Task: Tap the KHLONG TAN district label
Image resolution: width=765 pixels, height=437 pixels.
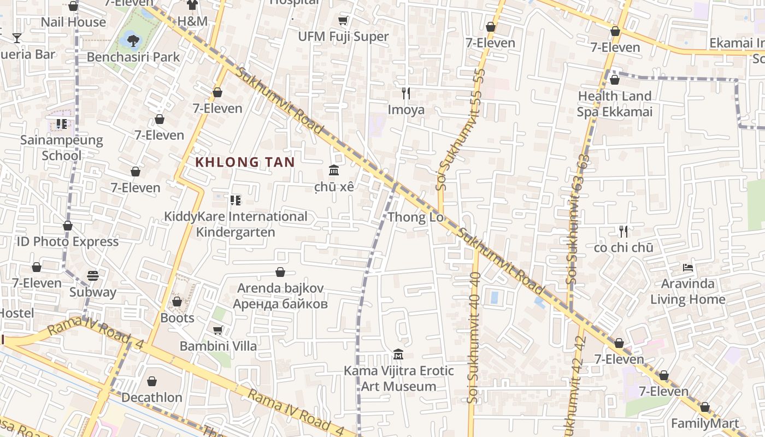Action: pyautogui.click(x=245, y=162)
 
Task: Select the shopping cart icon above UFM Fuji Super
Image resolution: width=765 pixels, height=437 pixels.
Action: pyautogui.click(x=343, y=21)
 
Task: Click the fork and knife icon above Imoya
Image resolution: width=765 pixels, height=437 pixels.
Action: pyautogui.click(x=406, y=93)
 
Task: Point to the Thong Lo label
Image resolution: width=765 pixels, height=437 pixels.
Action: pyautogui.click(x=415, y=217)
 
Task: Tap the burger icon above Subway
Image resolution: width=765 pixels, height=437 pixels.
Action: pyautogui.click(x=93, y=276)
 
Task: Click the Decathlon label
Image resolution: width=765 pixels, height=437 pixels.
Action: pyautogui.click(x=152, y=397)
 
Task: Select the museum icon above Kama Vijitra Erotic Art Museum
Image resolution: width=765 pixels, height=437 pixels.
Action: pyautogui.click(x=398, y=355)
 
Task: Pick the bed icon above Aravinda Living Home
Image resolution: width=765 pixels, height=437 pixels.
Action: pyautogui.click(x=688, y=268)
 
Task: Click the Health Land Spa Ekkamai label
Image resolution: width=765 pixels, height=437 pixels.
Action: pyautogui.click(x=615, y=104)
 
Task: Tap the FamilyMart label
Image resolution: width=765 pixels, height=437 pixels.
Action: pyautogui.click(x=705, y=423)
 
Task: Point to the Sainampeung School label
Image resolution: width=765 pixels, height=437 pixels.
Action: pyautogui.click(x=61, y=147)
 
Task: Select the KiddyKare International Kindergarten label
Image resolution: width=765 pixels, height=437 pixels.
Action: pyautogui.click(x=236, y=224)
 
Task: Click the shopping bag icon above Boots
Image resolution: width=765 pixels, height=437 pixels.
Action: pyautogui.click(x=177, y=302)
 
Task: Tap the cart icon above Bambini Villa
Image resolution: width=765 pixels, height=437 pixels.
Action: pyautogui.click(x=217, y=330)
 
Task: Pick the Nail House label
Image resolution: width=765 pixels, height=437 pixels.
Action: pyautogui.click(x=73, y=22)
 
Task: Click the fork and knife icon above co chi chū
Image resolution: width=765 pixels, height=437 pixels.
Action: pyautogui.click(x=623, y=232)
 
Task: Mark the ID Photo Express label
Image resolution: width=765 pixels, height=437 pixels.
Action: pyautogui.click(x=68, y=241)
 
